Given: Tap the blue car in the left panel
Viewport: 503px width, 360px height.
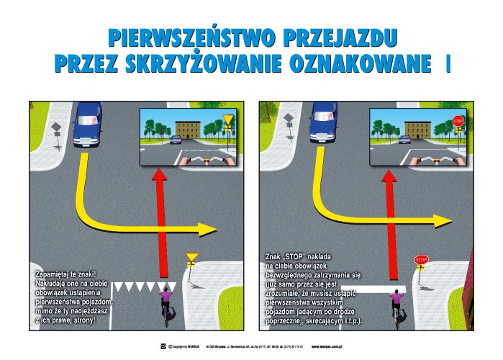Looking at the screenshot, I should (86, 121).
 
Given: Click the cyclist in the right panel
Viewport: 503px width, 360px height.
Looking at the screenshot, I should (396, 302).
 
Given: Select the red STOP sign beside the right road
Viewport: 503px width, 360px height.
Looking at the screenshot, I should (421, 259).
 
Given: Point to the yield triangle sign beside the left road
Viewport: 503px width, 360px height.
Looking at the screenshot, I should (191, 256).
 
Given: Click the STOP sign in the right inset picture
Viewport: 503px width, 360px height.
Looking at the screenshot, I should (458, 122).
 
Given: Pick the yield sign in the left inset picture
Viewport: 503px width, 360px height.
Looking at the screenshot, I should (227, 120).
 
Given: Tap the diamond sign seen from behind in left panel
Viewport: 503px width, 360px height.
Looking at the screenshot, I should (55, 129).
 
